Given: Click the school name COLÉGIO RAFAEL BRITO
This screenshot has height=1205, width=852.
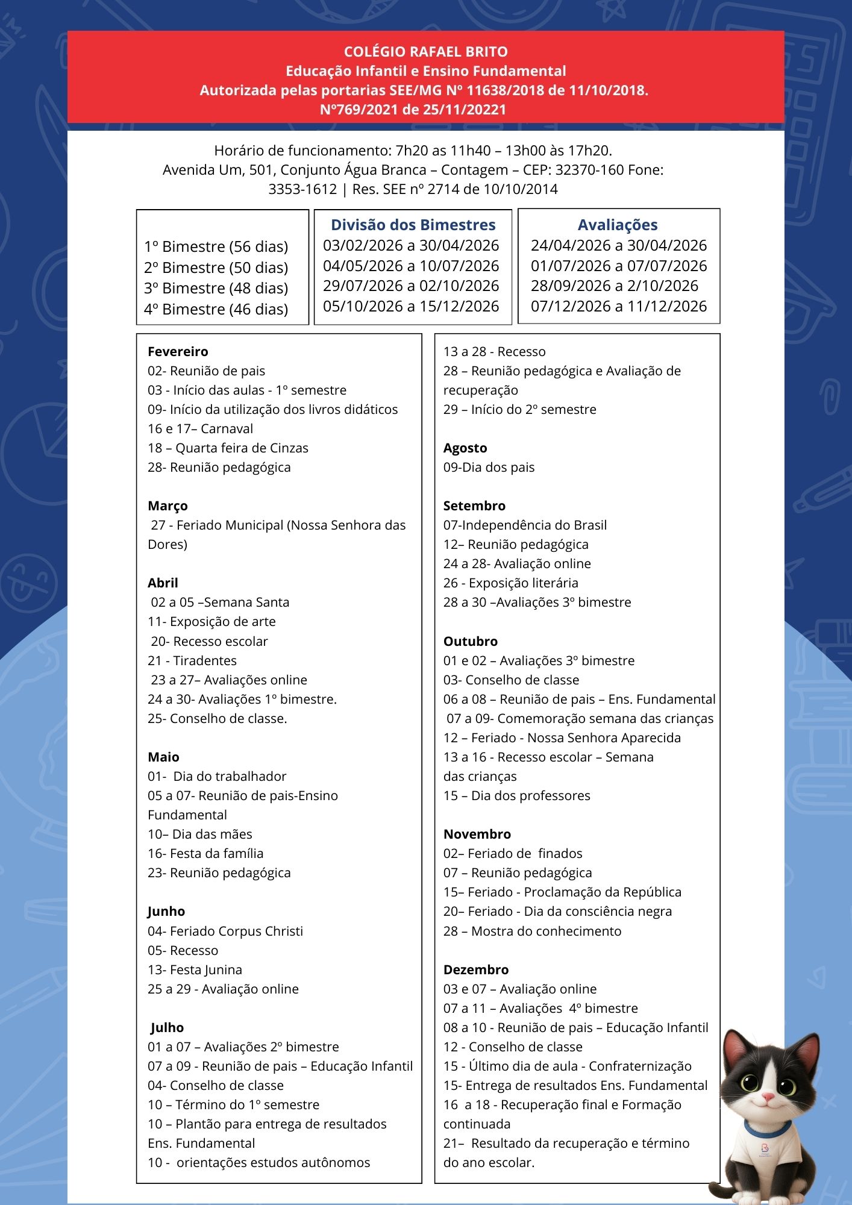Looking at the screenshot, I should coord(425,52).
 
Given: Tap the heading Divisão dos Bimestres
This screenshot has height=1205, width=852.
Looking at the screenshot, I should coord(413,225).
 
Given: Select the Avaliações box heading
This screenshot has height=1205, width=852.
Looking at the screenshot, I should coord(618,225).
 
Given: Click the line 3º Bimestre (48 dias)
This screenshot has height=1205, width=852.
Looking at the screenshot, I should coord(216,288).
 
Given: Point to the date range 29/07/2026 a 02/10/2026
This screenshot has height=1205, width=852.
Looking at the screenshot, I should coord(411,286).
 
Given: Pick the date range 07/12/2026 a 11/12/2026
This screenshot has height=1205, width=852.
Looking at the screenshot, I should coord(618,306).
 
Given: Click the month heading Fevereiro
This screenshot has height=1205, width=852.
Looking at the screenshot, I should coord(178,351).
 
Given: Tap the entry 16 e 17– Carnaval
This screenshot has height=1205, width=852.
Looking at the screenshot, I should coord(200,428).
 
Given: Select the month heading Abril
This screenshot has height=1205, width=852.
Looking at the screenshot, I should coord(163,583).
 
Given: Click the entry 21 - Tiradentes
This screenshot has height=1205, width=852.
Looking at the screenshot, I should coord(192,660).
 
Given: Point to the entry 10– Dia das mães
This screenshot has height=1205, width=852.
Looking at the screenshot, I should coord(200,834).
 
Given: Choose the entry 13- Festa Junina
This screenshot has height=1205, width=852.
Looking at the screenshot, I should coord(195,969).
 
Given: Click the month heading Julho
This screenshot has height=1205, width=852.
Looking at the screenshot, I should coord(167,1027).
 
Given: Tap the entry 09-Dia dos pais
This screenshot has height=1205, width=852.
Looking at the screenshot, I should coord(489,467).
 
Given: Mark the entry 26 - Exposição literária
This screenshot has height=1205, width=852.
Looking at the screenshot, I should coord(510,583).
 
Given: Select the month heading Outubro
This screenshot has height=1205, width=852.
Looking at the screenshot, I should coord(471,641).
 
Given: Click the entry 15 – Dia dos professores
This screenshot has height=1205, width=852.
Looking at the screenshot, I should coord(516,795).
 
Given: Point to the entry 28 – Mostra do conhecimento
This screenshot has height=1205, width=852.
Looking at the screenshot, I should coord(532,931).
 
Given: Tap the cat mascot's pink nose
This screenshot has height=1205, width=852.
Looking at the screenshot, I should coord(767,1097).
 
